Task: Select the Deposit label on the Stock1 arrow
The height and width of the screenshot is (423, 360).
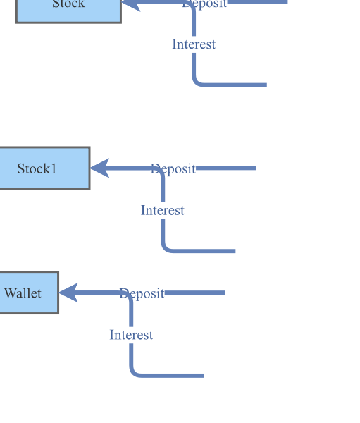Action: coord(173,168)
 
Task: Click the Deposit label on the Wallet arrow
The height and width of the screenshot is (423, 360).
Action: coord(142,293)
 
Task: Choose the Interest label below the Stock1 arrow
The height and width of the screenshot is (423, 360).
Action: coord(162,210)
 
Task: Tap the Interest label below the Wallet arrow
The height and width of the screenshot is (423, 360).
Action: coord(131,335)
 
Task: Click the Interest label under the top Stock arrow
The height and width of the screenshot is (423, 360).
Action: coord(194,44)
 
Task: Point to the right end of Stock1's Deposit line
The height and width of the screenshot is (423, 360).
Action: coord(255,168)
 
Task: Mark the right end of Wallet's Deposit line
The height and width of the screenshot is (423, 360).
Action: coord(224,293)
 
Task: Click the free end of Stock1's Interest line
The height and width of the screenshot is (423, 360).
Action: coord(234,250)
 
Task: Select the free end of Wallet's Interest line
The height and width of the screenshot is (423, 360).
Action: coord(203,375)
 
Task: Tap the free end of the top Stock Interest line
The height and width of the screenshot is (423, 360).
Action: coord(266,85)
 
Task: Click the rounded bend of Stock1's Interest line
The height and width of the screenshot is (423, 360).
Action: coord(166,247)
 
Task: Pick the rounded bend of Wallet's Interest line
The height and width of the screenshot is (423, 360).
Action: coord(134,372)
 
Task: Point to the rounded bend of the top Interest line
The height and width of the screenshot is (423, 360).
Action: coord(197,82)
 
